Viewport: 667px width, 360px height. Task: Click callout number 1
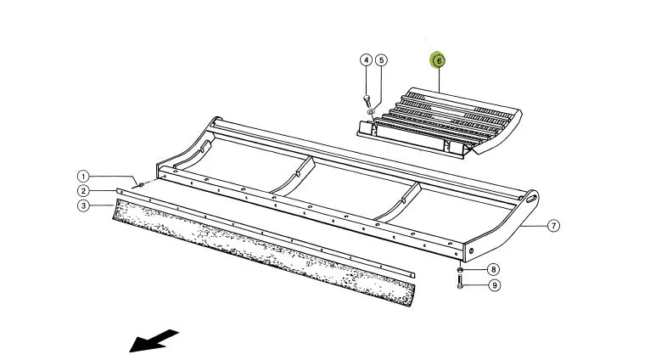click(x=83, y=176)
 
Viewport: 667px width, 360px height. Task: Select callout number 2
click(x=83, y=191)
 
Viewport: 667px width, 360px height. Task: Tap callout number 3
click(x=83, y=206)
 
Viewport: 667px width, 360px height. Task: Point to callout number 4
click(x=367, y=60)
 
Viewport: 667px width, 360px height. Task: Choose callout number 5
click(x=381, y=60)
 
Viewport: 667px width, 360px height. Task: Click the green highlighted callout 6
click(x=438, y=60)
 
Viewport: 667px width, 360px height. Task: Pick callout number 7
click(x=553, y=226)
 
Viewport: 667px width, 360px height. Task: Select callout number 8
click(x=493, y=269)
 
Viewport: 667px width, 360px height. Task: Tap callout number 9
click(x=494, y=285)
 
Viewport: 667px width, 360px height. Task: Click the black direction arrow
click(x=153, y=340)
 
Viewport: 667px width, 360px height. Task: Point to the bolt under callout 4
click(x=367, y=101)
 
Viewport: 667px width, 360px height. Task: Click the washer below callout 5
click(x=371, y=111)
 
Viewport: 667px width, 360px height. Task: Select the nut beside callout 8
click(x=460, y=269)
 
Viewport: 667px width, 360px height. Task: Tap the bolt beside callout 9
click(x=460, y=282)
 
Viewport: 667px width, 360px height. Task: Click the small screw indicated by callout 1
click(x=140, y=185)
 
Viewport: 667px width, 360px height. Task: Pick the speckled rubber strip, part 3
click(x=264, y=252)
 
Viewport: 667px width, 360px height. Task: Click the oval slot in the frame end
click(x=531, y=199)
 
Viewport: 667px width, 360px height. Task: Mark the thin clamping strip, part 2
click(x=265, y=233)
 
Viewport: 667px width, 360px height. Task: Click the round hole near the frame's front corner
click(x=471, y=251)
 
